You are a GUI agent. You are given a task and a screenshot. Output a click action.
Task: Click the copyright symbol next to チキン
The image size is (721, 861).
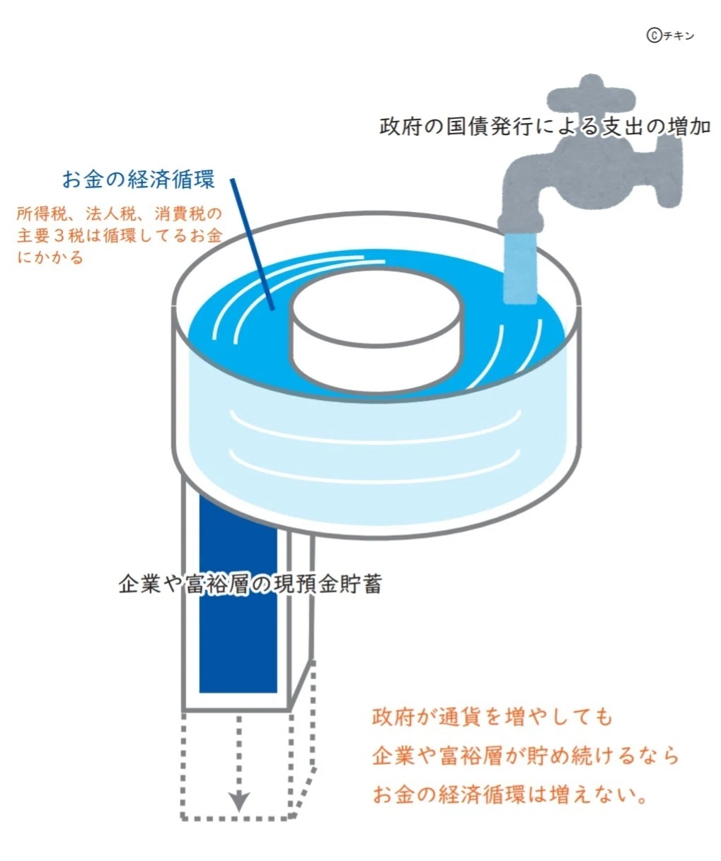coord(654,36)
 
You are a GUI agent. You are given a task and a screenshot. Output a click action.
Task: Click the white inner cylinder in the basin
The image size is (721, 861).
coord(377,329)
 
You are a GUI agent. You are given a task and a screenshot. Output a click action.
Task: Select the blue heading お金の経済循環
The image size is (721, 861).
coord(139,180)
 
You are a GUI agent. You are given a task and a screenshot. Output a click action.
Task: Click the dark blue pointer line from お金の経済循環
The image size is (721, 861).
coord(252,244)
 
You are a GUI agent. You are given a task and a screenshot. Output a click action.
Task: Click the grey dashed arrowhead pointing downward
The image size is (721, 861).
coord(238,801)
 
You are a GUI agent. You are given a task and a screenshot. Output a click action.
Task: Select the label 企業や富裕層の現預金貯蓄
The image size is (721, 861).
coord(250,584)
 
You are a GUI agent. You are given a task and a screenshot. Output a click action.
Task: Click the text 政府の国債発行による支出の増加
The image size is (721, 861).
coord(545,127)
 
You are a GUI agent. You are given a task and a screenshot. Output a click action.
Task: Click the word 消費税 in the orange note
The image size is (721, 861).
coord(178,213)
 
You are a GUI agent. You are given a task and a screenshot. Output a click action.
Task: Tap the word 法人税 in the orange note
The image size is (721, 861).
coord(109,213)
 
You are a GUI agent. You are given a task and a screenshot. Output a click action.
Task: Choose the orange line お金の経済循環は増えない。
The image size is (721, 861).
coord(509,795)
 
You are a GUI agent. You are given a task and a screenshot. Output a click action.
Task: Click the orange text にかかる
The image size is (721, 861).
coord(50,257)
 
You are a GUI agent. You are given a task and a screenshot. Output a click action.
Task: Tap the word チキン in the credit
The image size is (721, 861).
coord(679,36)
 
